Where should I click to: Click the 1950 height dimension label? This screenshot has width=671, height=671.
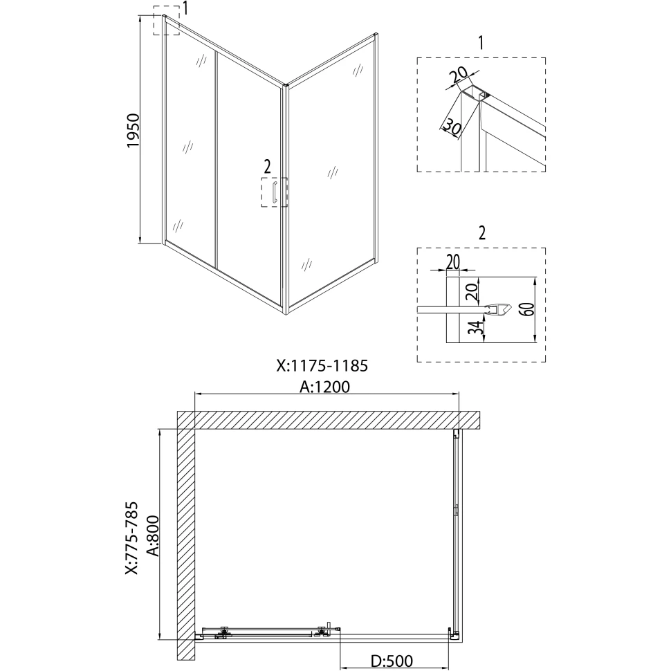[134, 131]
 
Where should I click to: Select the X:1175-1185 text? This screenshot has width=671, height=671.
[322, 367]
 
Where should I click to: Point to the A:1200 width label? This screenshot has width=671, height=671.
[325, 387]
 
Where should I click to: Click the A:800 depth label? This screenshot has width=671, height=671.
[153, 536]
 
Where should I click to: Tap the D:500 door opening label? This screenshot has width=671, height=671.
[392, 661]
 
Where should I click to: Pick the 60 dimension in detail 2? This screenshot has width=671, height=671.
[528, 309]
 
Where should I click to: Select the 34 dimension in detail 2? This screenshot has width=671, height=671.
[478, 328]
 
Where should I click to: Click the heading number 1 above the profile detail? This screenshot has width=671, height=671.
[481, 43]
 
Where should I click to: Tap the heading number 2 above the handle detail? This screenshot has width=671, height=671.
[482, 233]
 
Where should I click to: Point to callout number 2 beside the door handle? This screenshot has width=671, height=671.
[268, 165]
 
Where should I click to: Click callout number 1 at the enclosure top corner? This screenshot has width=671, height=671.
[185, 8]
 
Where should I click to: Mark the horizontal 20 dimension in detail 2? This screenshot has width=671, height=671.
[453, 261]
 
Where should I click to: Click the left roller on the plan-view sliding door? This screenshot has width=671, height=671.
[223, 630]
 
